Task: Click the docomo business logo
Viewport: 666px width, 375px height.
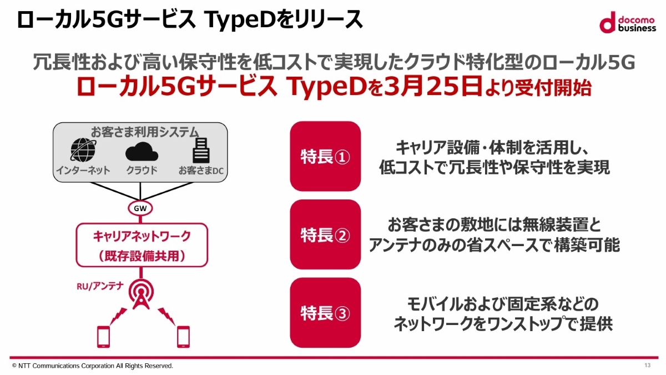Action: pyautogui.click(x=627, y=22)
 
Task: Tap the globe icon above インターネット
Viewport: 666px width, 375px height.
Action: pyautogui.click(x=83, y=149)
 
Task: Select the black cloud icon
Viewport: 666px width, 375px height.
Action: pyautogui.click(x=142, y=152)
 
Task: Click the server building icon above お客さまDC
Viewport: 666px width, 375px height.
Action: pyautogui.click(x=201, y=151)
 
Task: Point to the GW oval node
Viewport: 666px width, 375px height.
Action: pyautogui.click(x=140, y=208)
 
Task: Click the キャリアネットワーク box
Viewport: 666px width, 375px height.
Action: pyautogui.click(x=142, y=245)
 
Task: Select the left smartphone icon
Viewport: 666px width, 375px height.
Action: pyautogui.click(x=103, y=337)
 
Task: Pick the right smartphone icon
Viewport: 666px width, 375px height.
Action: pyautogui.click(x=183, y=337)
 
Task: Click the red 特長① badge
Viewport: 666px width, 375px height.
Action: pyautogui.click(x=325, y=156)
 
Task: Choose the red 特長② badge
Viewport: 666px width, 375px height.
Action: pyautogui.click(x=325, y=234)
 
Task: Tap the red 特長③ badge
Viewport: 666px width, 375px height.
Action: pyautogui.click(x=325, y=313)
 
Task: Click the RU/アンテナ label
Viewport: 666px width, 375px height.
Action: pyautogui.click(x=100, y=286)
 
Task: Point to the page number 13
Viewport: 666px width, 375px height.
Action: pyautogui.click(x=648, y=365)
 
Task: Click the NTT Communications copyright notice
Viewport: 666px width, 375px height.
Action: pyautogui.click(x=93, y=366)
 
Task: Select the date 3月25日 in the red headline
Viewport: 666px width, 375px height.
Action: pyautogui.click(x=433, y=87)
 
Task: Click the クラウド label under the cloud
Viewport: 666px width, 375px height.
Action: pyautogui.click(x=142, y=170)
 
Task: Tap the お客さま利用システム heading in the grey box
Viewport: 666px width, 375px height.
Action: pyautogui.click(x=144, y=132)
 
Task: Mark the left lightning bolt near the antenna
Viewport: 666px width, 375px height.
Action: pyautogui.click(x=118, y=316)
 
